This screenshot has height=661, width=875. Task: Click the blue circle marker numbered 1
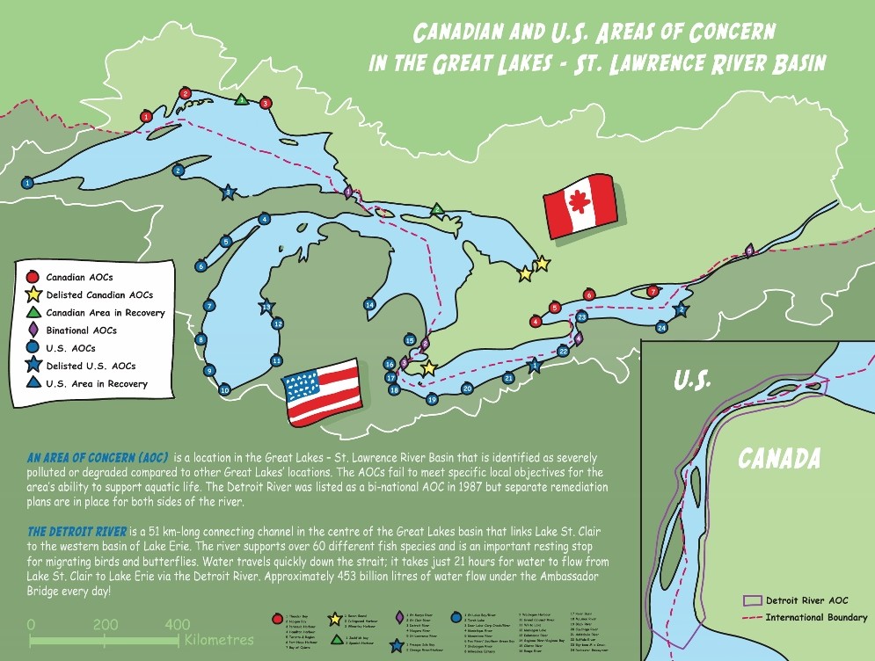click(27, 183)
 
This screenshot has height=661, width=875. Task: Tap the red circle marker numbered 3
click(266, 104)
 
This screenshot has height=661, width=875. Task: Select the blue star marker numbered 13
click(266, 307)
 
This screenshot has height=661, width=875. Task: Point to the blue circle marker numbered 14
click(370, 304)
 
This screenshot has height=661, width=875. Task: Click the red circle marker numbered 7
click(653, 291)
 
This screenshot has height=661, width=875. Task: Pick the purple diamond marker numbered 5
click(749, 251)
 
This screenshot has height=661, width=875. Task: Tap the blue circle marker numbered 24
click(662, 328)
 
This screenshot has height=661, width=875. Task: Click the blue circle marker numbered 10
click(224, 389)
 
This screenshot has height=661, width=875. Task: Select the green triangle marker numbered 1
click(241, 99)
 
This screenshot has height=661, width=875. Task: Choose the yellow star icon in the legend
click(35, 294)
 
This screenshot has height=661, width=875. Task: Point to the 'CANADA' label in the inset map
click(779, 458)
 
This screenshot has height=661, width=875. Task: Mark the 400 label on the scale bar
click(178, 624)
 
